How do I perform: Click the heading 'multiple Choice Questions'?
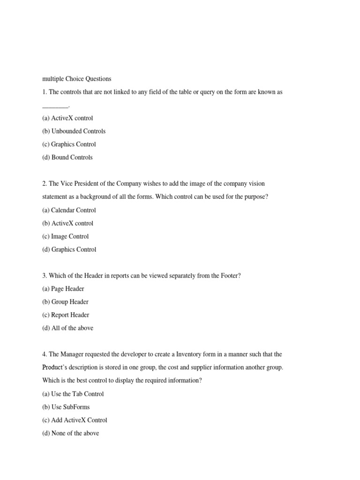click(x=77, y=79)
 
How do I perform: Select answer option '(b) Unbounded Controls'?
click(x=74, y=131)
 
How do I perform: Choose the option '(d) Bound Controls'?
click(x=67, y=157)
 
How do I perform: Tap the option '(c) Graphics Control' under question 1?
click(x=69, y=144)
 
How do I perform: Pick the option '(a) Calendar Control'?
click(x=69, y=210)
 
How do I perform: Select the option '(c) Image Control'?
click(x=65, y=237)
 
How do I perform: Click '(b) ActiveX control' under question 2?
click(x=67, y=224)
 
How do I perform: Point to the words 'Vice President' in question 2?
click(x=81, y=184)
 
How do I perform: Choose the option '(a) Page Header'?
click(x=63, y=289)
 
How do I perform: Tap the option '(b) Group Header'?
click(x=65, y=302)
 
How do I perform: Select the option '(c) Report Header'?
click(x=66, y=315)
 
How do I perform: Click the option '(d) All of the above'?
click(x=68, y=328)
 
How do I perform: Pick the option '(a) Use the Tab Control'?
click(x=73, y=394)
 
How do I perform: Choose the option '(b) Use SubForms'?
click(x=66, y=407)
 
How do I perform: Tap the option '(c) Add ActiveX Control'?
click(x=75, y=420)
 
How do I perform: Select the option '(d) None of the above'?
click(x=71, y=434)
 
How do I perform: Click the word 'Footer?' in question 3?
click(x=230, y=276)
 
